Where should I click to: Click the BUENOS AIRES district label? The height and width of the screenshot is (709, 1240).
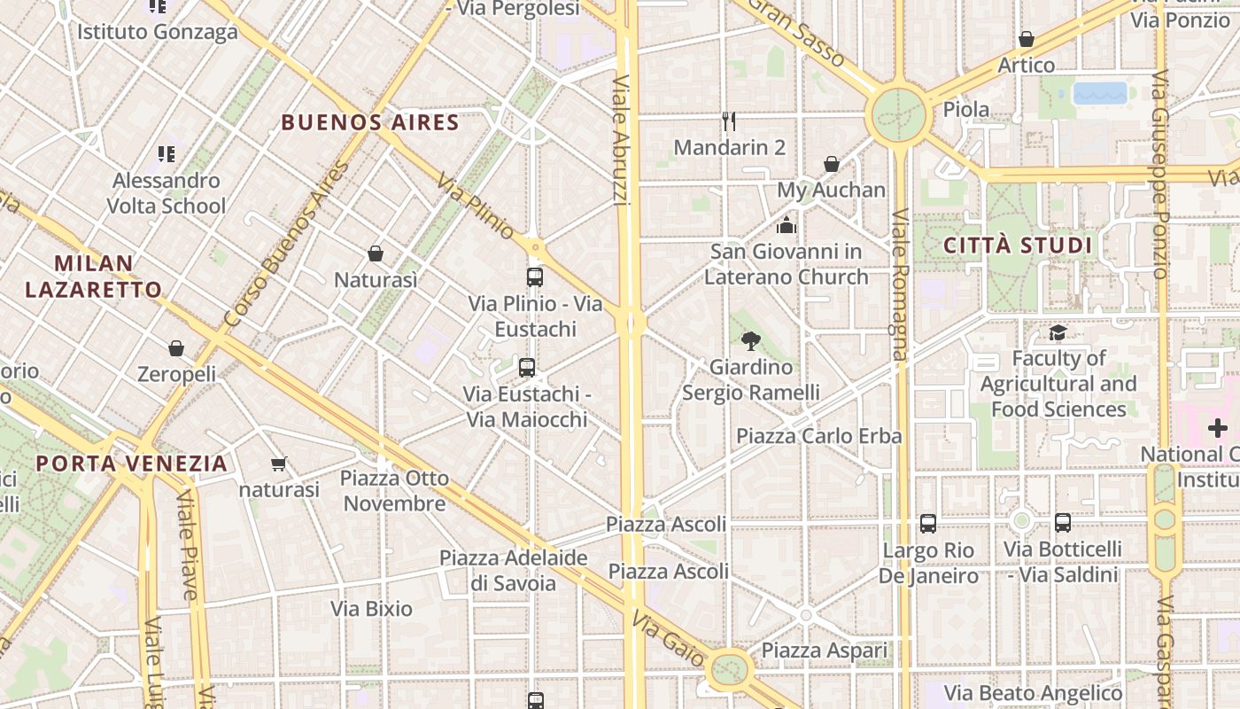[370, 122]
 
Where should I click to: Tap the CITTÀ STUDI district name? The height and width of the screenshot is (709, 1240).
[1018, 245]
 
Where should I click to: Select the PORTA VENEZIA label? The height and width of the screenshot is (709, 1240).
[132, 463]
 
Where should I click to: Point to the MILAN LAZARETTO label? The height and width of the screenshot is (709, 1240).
[94, 276]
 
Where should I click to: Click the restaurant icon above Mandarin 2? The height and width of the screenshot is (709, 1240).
[729, 121]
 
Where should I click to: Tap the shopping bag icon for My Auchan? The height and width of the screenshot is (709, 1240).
[832, 164]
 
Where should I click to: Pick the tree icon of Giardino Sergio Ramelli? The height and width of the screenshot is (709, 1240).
[751, 340]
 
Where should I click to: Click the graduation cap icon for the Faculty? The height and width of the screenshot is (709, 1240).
[1058, 332]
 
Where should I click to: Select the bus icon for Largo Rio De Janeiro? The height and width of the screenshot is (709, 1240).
[927, 524]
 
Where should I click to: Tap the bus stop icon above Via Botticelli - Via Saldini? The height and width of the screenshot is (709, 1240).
[1063, 523]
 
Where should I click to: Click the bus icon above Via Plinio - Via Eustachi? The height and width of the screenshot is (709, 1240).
[535, 277]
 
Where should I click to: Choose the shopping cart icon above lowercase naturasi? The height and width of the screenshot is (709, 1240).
[279, 464]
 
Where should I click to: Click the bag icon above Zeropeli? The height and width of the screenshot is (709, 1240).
[176, 347]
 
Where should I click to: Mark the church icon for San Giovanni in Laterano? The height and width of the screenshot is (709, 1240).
[787, 225]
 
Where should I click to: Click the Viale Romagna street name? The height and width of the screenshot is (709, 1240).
[901, 284]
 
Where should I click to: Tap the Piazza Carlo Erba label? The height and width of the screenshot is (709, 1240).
[819, 435]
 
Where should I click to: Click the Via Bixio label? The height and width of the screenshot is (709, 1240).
[372, 609]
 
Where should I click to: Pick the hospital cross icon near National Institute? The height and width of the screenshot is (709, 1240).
[1218, 428]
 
